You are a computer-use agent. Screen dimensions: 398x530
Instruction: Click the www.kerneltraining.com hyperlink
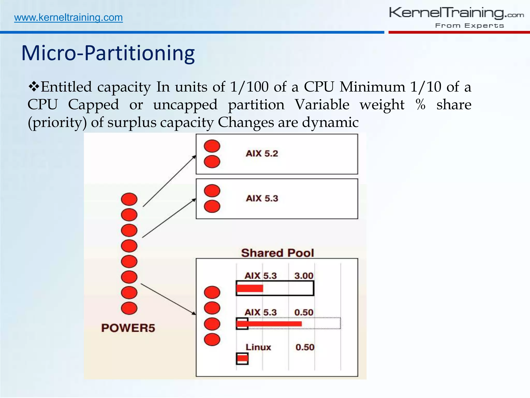pyautogui.click(x=68, y=18)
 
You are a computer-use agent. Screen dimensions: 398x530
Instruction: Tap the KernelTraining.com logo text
pyautogui.click(x=456, y=13)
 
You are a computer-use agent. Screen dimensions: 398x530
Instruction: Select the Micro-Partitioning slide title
pyautogui.click(x=108, y=53)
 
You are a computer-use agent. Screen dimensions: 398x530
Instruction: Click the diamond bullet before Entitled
pyautogui.click(x=34, y=87)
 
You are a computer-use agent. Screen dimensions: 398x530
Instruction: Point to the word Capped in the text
pyautogui.click(x=93, y=105)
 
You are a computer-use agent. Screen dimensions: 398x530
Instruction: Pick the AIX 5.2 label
pyautogui.click(x=262, y=153)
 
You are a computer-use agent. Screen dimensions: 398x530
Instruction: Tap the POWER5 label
pyautogui.click(x=128, y=328)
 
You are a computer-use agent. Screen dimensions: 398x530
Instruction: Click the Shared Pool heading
pyautogui.click(x=277, y=253)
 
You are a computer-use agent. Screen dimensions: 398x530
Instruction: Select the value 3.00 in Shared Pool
pyautogui.click(x=304, y=276)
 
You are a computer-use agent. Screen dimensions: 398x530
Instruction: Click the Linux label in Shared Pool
pyautogui.click(x=258, y=347)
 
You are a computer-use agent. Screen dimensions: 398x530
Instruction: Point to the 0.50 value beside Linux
pyautogui.click(x=305, y=347)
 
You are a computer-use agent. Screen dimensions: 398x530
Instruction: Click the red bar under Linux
pyautogui.click(x=242, y=359)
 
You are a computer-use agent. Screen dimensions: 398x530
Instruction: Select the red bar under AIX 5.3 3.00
pyautogui.click(x=250, y=288)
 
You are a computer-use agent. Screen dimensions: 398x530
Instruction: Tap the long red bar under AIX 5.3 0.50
pyautogui.click(x=269, y=324)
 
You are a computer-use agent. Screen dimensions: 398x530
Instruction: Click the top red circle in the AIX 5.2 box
pyautogui.click(x=212, y=146)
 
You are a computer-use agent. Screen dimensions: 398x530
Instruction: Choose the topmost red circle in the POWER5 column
pyautogui.click(x=129, y=199)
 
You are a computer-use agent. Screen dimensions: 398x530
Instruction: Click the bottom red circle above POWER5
pyautogui.click(x=129, y=308)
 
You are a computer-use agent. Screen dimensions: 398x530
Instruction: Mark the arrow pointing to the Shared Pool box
pyautogui.click(x=168, y=299)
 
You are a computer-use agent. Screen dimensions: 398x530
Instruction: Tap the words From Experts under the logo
pyautogui.click(x=469, y=26)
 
